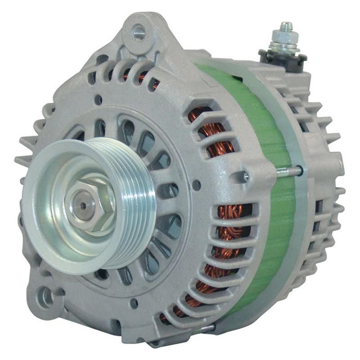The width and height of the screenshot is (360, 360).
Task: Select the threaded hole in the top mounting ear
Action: tap(139, 32)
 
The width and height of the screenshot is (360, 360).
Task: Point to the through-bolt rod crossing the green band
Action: tap(288, 171)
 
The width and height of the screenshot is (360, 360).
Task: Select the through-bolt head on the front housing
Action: tap(246, 176)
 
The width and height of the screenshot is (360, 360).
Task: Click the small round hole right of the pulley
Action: tap(197, 184)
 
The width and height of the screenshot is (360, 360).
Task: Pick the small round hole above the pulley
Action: tap(98, 100)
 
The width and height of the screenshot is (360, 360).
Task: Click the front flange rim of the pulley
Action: tap(49, 234)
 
